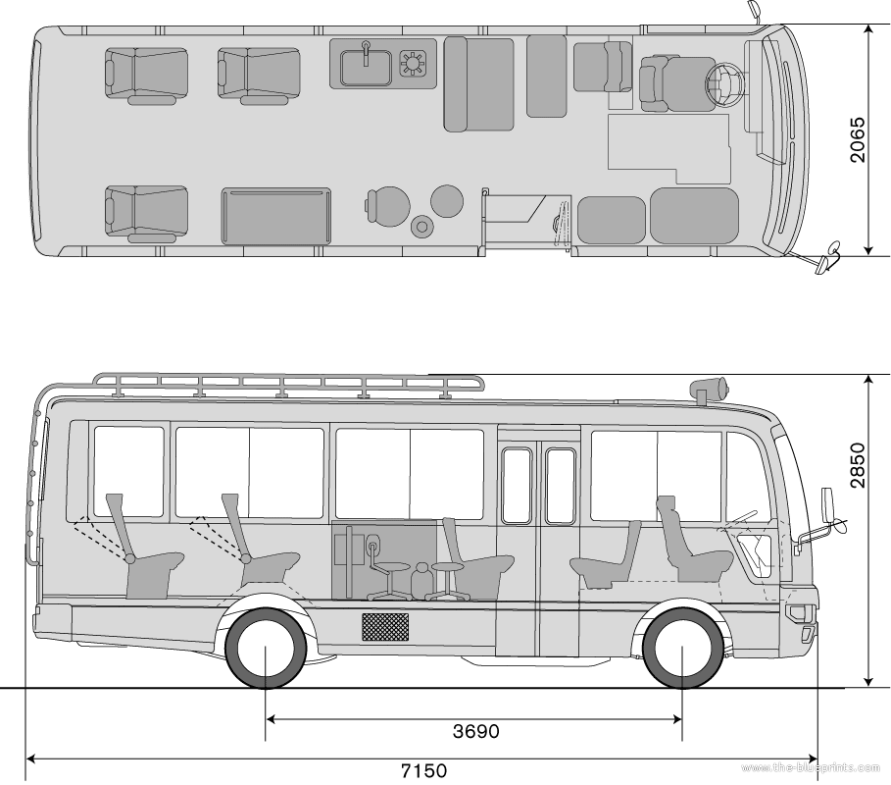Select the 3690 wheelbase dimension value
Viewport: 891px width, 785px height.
coord(476,731)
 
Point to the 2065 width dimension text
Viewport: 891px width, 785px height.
coord(857,140)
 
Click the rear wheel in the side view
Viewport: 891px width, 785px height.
coord(265,650)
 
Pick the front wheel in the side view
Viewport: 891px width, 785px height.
coord(682,650)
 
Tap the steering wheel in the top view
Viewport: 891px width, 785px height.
coord(726,85)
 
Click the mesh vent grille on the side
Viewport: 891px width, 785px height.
coord(385,627)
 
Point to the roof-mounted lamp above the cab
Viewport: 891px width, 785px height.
coord(710,388)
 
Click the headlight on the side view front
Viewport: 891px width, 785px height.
coord(795,614)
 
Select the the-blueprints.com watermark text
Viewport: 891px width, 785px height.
coord(813,766)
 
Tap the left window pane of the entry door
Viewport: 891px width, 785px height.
coord(516,486)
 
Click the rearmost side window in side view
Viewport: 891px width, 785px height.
coord(128,472)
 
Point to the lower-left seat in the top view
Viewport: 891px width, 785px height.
coord(147,210)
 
